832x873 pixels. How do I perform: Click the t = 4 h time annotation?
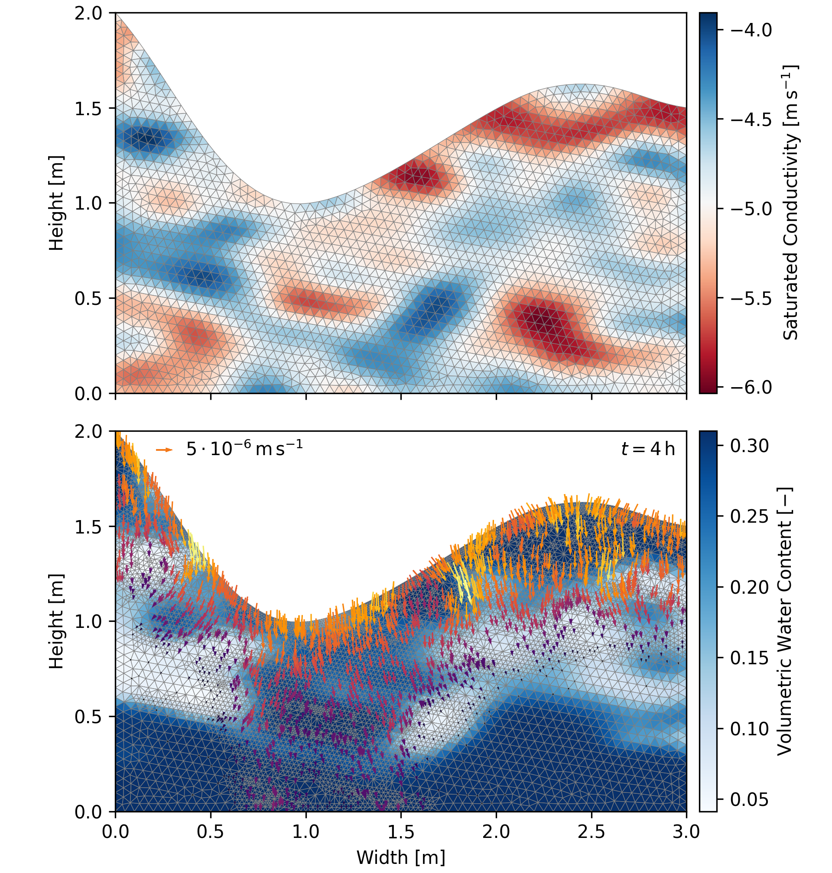point(648,449)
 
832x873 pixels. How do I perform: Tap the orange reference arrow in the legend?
point(164,450)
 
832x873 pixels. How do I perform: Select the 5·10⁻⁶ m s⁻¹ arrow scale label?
point(244,449)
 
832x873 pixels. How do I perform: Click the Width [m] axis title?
point(400,857)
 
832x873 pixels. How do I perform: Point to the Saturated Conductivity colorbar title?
point(790,203)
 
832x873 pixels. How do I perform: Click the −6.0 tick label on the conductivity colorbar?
point(751,387)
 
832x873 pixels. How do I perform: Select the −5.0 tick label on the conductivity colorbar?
point(751,208)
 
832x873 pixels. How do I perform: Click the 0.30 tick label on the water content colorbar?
point(750,445)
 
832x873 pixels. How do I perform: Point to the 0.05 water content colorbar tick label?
point(750,799)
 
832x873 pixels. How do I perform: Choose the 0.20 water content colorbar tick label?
point(750,587)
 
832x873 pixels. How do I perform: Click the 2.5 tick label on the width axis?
point(591,831)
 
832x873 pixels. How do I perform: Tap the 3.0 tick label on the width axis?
point(686,831)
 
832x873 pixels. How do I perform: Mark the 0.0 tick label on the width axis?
point(116,831)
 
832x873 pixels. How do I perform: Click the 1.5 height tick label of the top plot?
point(88,108)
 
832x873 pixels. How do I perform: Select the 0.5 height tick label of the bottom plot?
point(88,717)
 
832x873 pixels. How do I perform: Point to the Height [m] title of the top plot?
point(56,203)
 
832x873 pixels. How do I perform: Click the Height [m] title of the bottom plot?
point(56,621)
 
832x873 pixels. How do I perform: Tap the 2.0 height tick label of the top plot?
point(88,13)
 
